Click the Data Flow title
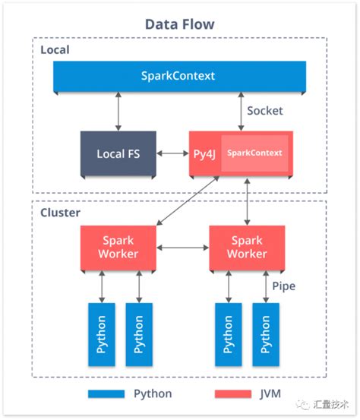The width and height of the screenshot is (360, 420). [179, 24]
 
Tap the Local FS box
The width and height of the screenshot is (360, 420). [118, 153]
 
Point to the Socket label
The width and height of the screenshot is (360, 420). [265, 111]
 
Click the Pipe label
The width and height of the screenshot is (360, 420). [283, 287]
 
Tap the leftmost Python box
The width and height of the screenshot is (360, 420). [101, 335]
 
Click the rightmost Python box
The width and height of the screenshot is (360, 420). [265, 335]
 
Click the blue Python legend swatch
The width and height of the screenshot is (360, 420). [105, 394]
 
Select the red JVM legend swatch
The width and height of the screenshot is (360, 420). [233, 394]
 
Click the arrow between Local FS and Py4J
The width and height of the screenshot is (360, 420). [174, 153]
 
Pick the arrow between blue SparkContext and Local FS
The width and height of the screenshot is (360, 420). [118, 112]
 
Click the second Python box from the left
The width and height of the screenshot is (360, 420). [138, 335]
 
